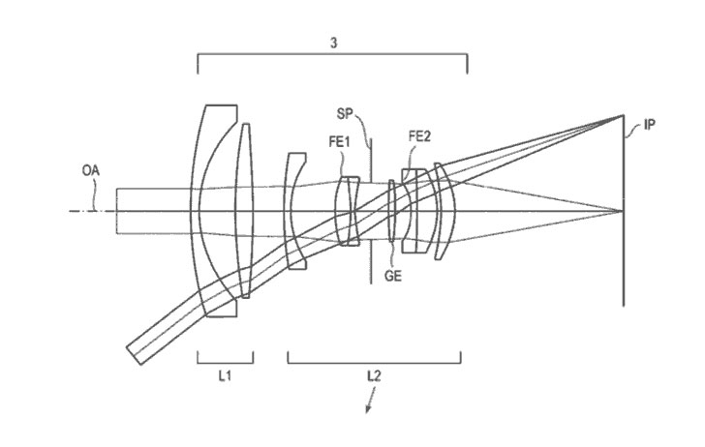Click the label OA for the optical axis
tap(90, 170)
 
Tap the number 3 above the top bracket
tap(333, 44)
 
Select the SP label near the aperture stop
tap(345, 114)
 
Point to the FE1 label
tap(340, 142)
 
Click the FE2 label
tap(419, 136)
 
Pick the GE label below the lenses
tap(392, 276)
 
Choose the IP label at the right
tap(649, 125)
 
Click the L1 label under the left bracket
tap(225, 375)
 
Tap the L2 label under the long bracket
tap(374, 375)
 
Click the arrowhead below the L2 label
tap(368, 409)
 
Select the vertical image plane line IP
tap(624, 210)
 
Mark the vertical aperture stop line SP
tap(371, 210)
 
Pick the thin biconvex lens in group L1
tap(245, 210)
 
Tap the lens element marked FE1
tap(348, 211)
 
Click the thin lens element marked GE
tap(391, 211)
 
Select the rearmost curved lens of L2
tap(446, 211)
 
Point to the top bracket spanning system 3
tap(332, 55)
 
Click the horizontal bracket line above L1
tap(226, 362)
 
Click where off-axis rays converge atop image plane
tap(624, 115)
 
